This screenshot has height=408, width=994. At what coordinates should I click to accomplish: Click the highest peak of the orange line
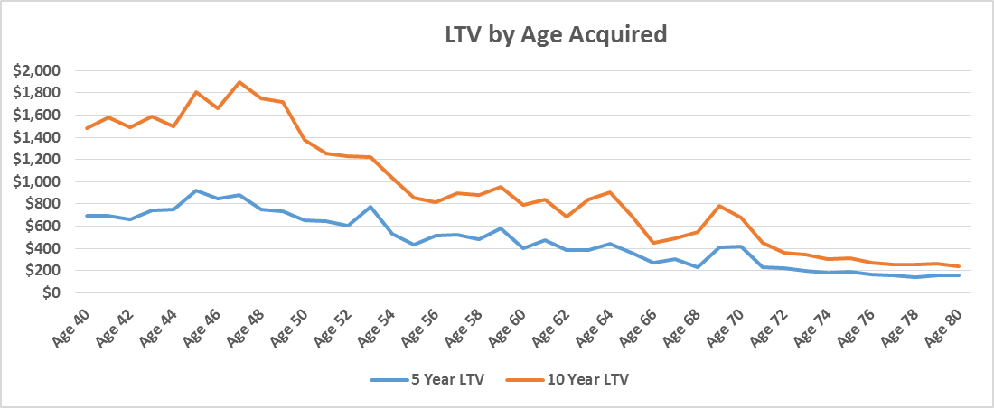pos(239,82)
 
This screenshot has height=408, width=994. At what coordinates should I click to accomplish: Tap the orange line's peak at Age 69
pos(719,206)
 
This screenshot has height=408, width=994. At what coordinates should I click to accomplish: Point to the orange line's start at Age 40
pos(86,128)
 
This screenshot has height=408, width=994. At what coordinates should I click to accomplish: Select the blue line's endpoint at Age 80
pos(959,275)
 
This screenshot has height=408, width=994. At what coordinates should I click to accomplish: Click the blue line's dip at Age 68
pos(698,267)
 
